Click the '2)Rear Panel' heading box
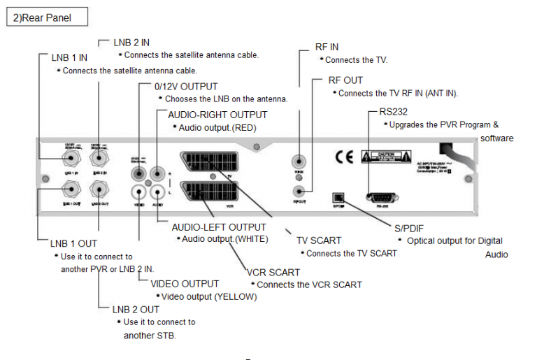[x=48, y=17]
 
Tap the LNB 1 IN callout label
[x=68, y=57]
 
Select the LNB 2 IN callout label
[x=133, y=43]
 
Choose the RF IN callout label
[x=327, y=47]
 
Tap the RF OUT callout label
[x=345, y=80]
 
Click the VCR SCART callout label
[x=273, y=272]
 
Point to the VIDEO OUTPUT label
[x=185, y=284]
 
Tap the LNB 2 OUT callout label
[x=136, y=309]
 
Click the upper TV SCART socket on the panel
[x=210, y=160]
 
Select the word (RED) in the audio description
[x=245, y=128]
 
